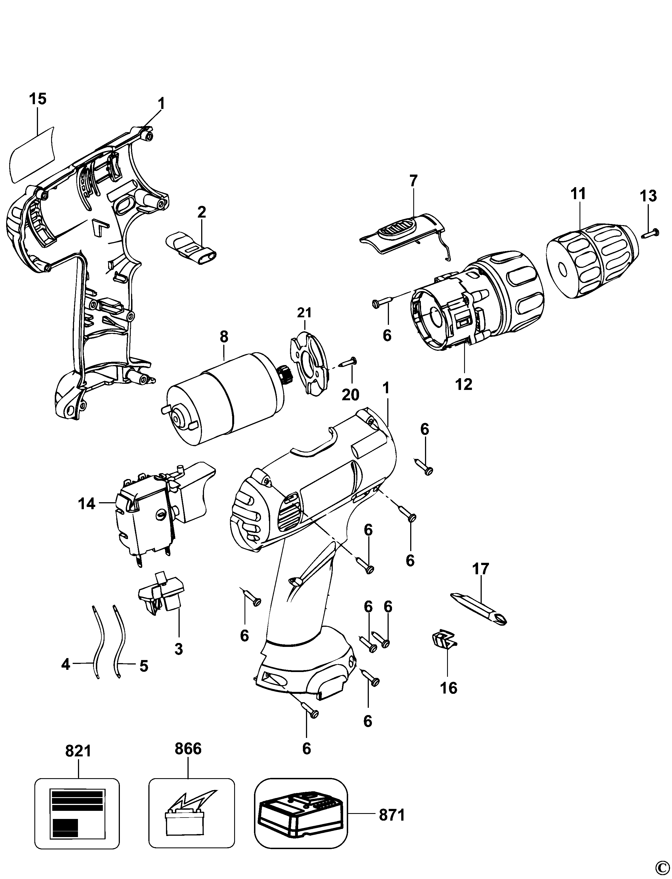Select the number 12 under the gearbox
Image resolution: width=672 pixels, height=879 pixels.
pos(464,384)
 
